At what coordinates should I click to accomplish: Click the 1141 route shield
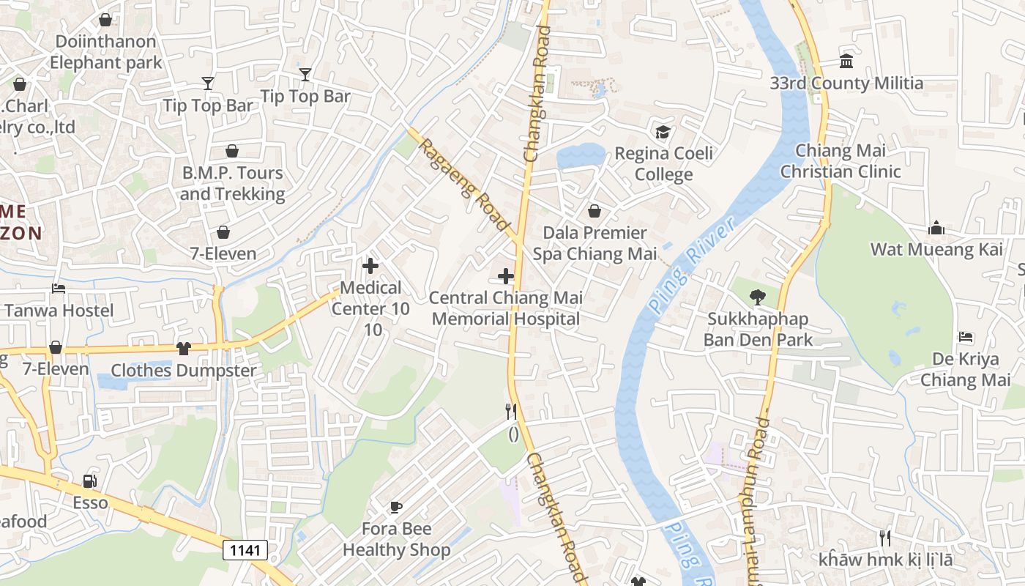click(245, 550)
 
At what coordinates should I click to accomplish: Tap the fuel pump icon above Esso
click(90, 481)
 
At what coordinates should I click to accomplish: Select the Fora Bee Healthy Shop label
click(396, 539)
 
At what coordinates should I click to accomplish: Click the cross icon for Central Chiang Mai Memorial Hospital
click(505, 276)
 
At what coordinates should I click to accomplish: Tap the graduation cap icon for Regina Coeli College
click(663, 132)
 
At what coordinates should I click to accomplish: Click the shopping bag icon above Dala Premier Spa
click(594, 211)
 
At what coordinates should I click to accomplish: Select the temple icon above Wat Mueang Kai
click(936, 229)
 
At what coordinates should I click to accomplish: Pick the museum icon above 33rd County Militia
click(846, 61)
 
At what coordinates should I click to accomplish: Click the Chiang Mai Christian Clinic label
click(840, 161)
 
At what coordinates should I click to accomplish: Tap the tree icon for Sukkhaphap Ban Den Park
click(757, 297)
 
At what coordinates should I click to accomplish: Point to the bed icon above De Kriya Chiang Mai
click(966, 337)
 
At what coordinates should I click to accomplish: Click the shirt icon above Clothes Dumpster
click(183, 349)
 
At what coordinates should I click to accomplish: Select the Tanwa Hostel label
click(59, 311)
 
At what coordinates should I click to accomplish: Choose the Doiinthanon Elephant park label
click(106, 52)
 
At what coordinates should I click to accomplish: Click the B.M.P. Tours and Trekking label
click(232, 183)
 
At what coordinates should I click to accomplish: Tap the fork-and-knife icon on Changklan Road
click(511, 412)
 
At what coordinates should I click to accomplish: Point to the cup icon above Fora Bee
click(395, 507)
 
